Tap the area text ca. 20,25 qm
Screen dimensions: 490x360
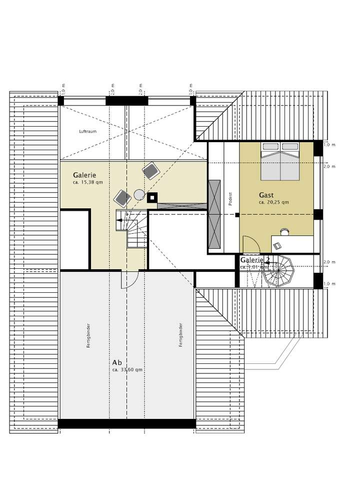(x=273, y=203)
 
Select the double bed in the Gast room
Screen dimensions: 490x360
(x=280, y=161)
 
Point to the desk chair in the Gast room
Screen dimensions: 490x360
(x=284, y=231)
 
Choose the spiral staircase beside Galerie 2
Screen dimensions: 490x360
(x=279, y=271)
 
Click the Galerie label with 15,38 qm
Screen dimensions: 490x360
(x=84, y=175)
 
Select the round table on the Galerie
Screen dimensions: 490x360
(x=139, y=195)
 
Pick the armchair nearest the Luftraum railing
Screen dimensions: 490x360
(x=150, y=171)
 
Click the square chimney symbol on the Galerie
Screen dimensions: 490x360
(x=152, y=198)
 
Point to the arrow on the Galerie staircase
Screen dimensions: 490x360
(x=120, y=219)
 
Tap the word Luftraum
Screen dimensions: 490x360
(x=87, y=132)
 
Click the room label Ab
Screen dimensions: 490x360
(x=117, y=362)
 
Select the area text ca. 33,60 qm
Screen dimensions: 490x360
(x=127, y=370)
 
